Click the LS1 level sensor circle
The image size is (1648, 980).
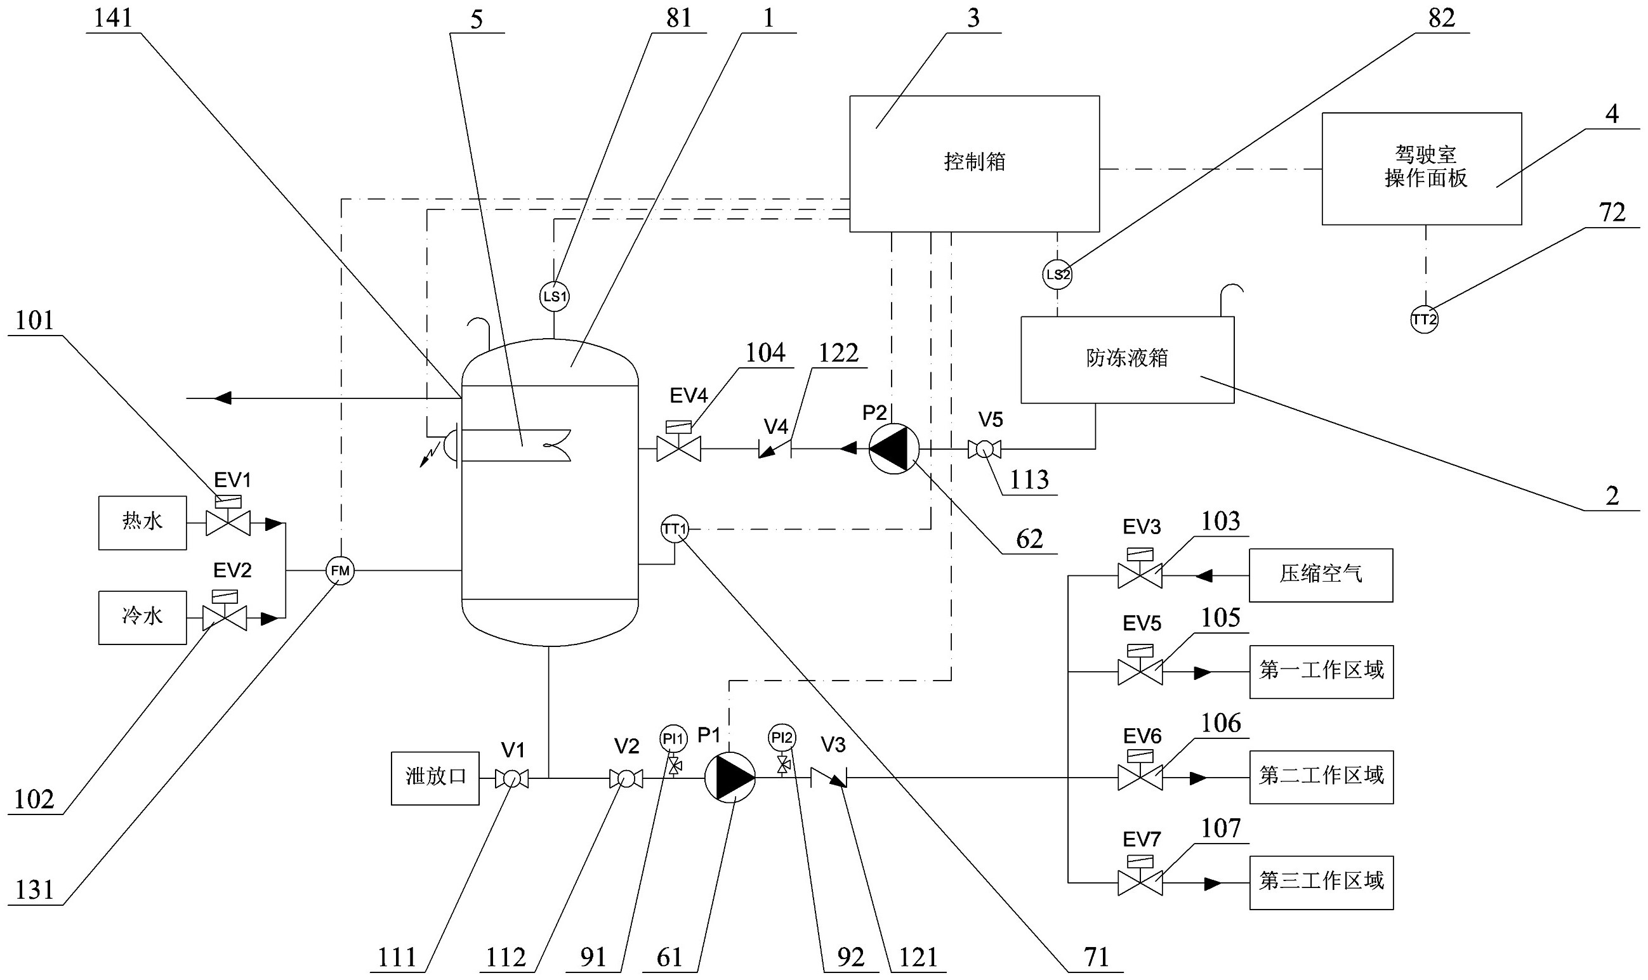pyautogui.click(x=555, y=296)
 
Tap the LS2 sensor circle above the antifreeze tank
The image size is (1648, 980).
pyautogui.click(x=1057, y=274)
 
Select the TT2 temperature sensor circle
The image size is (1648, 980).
pyautogui.click(x=1424, y=320)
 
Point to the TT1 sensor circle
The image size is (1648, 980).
pyautogui.click(x=675, y=528)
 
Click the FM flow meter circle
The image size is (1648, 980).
pyautogui.click(x=340, y=571)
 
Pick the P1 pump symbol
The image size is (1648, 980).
pyautogui.click(x=729, y=778)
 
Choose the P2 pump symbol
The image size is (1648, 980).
pyautogui.click(x=893, y=449)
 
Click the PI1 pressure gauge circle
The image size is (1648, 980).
pyautogui.click(x=673, y=737)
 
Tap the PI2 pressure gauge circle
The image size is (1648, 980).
pyautogui.click(x=782, y=737)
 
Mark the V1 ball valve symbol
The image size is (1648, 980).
pyautogui.click(x=512, y=778)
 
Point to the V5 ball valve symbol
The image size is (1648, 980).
pyautogui.click(x=984, y=450)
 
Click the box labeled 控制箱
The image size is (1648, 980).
pyautogui.click(x=973, y=164)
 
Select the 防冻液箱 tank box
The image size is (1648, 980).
pyautogui.click(x=1127, y=359)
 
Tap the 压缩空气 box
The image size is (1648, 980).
pyautogui.click(x=1321, y=575)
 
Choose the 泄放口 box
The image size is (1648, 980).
pyautogui.click(x=435, y=778)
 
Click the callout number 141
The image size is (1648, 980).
pyautogui.click(x=113, y=18)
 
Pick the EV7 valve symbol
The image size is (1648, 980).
pyautogui.click(x=1140, y=882)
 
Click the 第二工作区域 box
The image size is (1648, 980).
pyautogui.click(x=1321, y=776)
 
